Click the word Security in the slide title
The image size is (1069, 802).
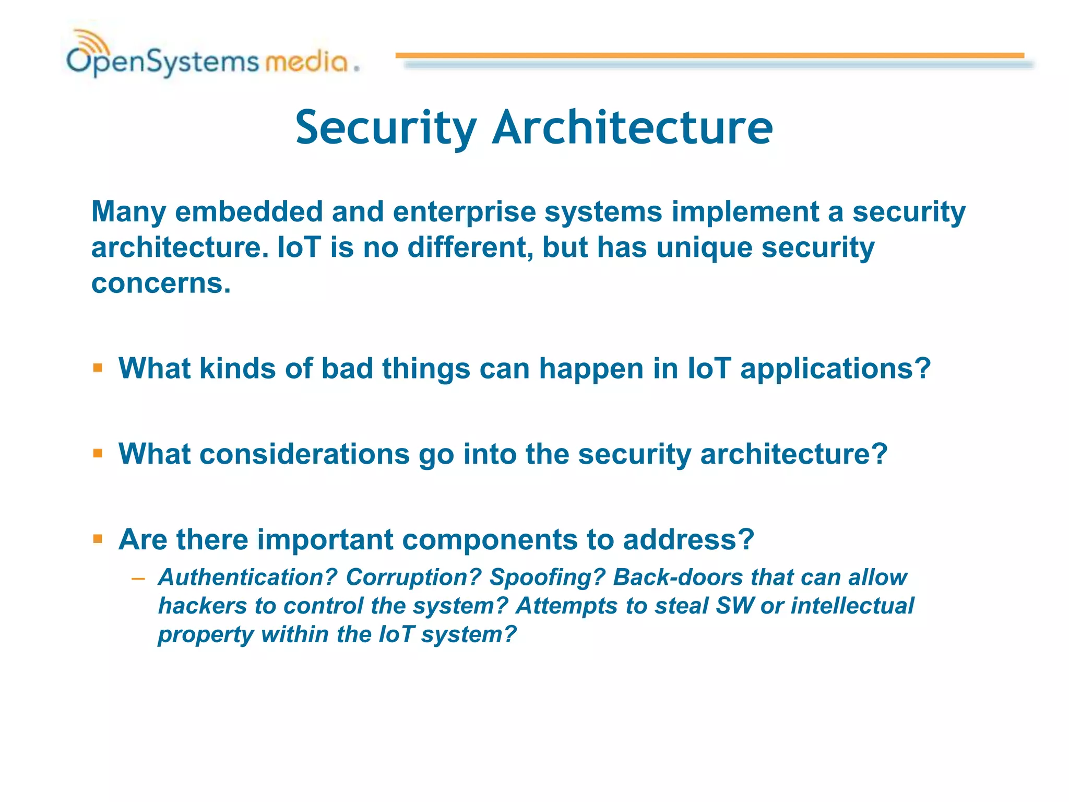[386, 128]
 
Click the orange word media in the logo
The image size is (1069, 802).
[306, 62]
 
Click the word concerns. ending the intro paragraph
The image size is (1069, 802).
[161, 284]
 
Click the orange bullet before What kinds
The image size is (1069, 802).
[98, 368]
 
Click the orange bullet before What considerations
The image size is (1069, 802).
[98, 453]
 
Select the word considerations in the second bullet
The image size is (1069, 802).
[304, 454]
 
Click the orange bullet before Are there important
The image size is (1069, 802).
[98, 539]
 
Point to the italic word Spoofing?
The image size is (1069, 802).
[547, 577]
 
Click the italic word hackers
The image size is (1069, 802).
[202, 606]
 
